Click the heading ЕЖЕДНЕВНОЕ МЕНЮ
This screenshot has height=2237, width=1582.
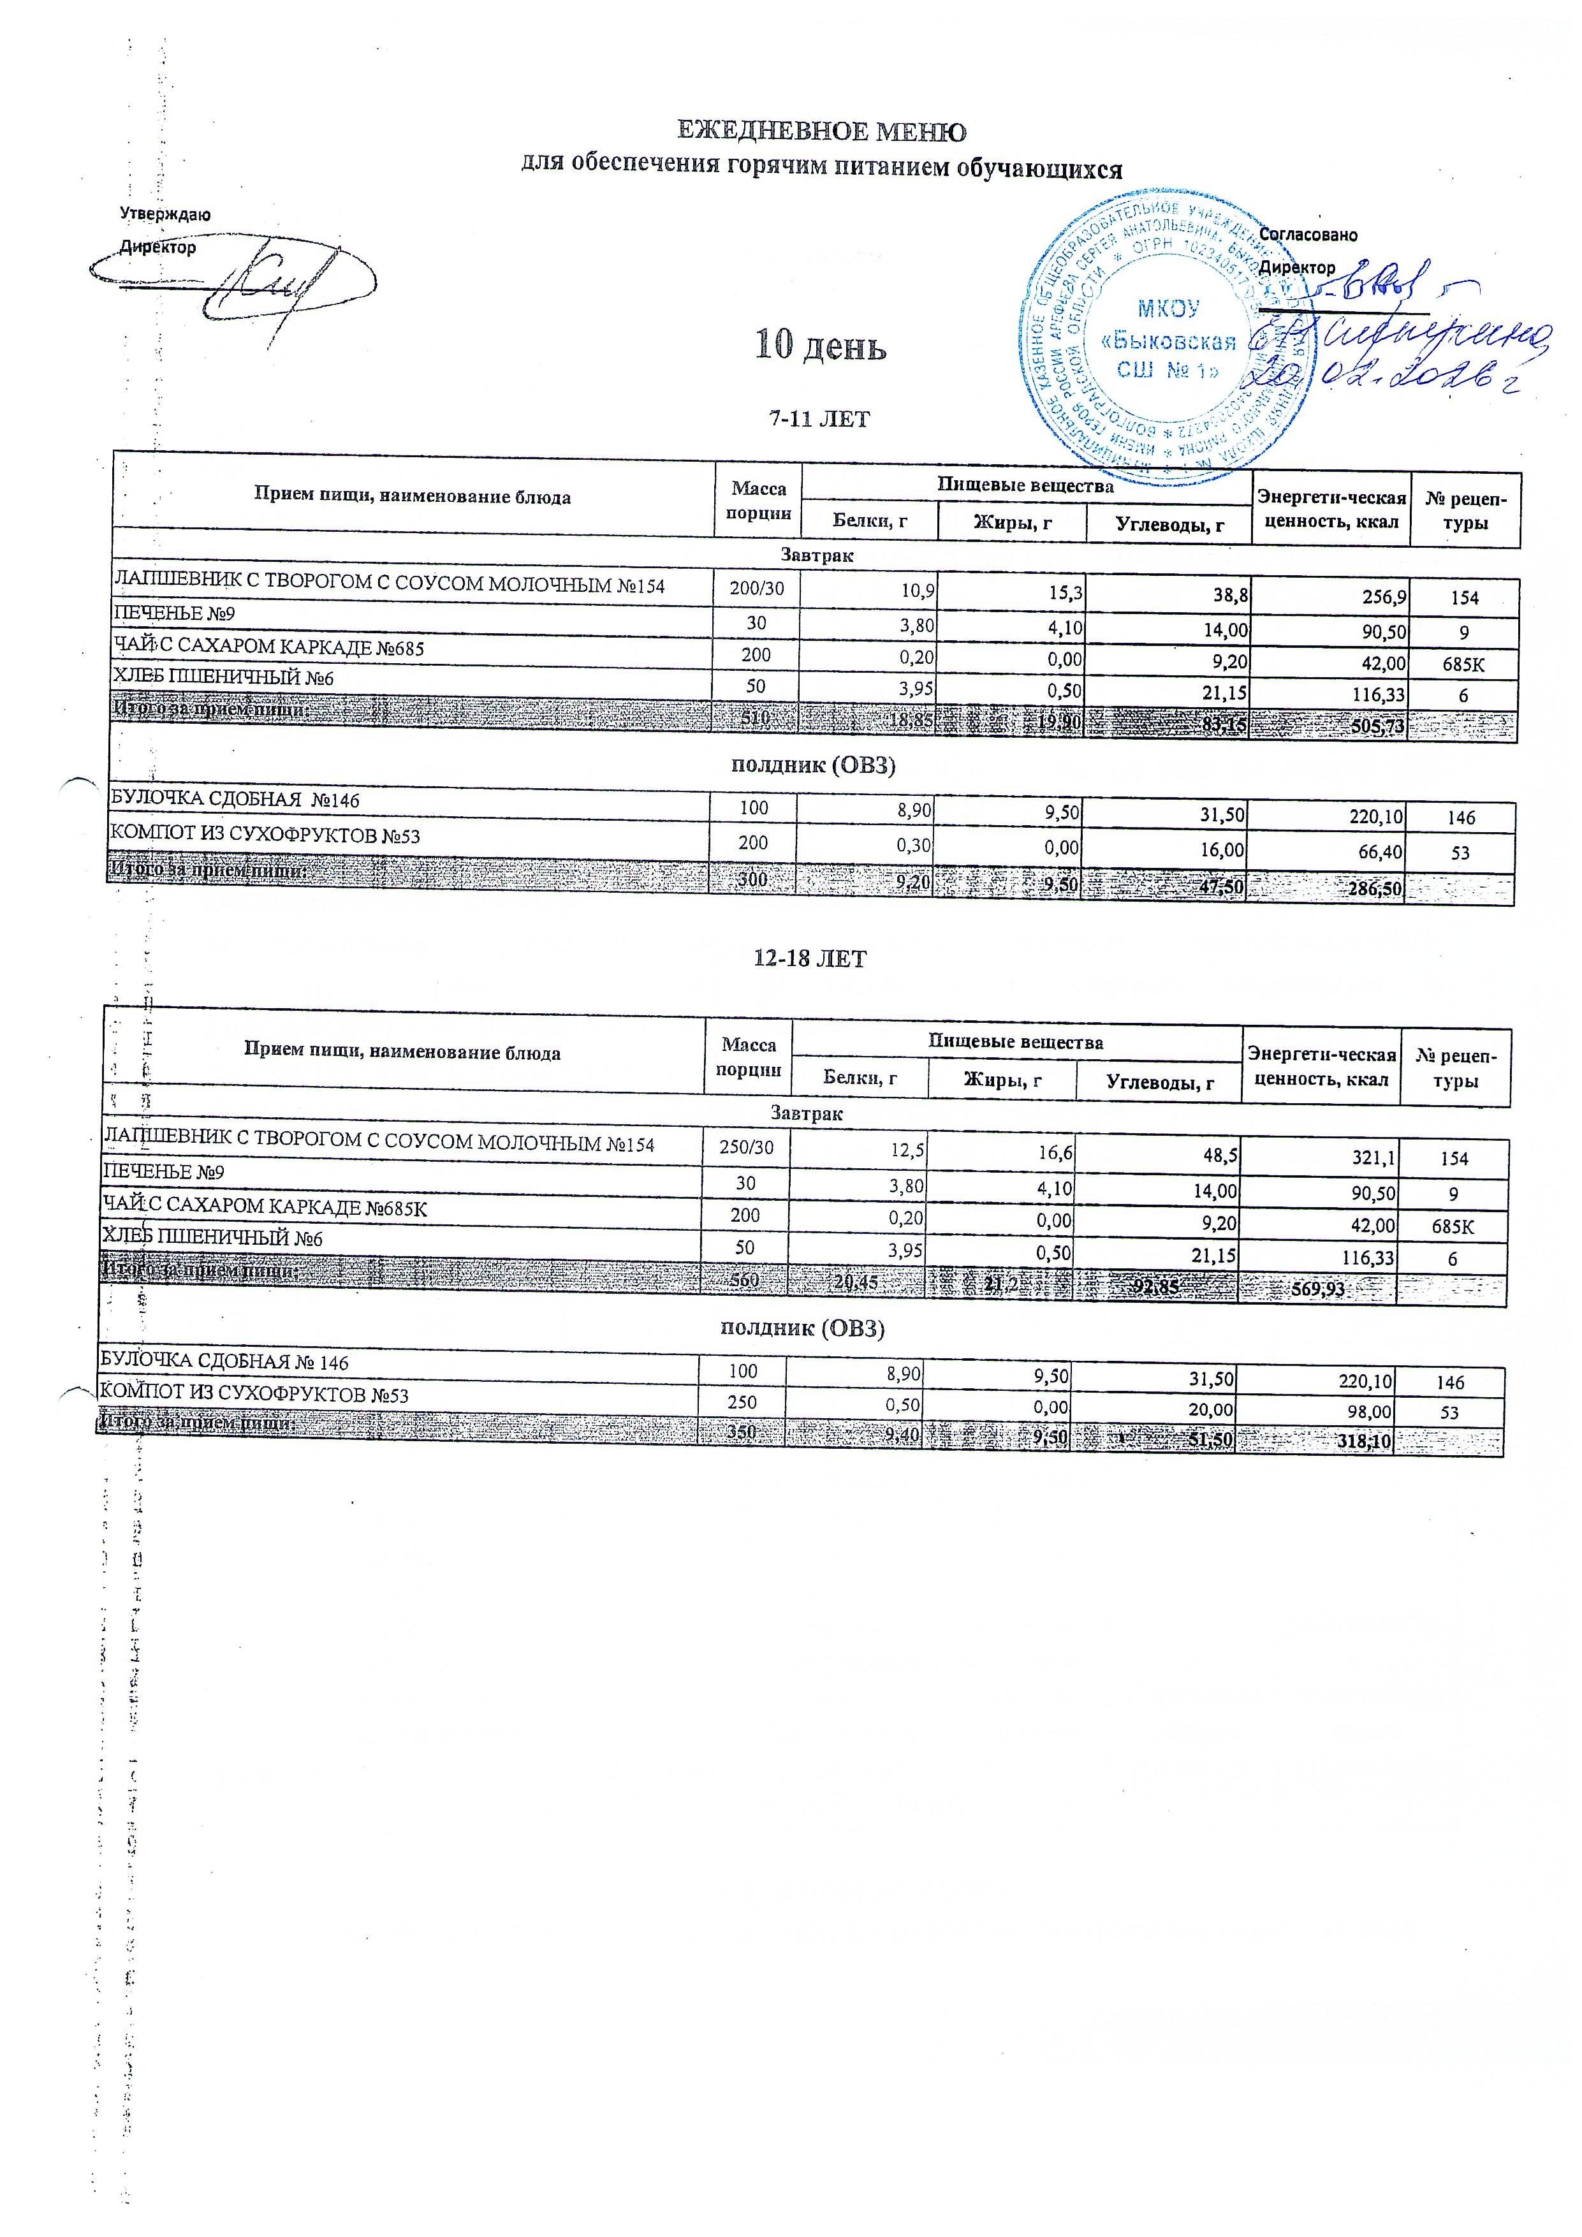tap(821, 131)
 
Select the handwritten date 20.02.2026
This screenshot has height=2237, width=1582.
tap(1383, 375)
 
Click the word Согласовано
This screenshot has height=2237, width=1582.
tap(1307, 235)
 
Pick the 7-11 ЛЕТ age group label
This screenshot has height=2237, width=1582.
tap(818, 419)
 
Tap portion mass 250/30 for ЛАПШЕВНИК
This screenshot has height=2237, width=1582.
tap(746, 1148)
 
